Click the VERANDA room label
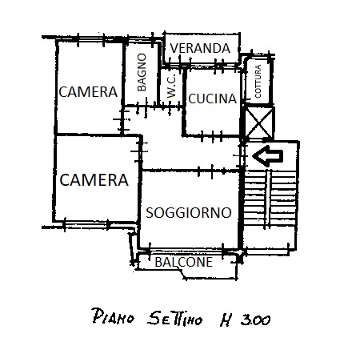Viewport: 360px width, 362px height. point(200,48)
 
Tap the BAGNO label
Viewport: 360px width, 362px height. point(142,72)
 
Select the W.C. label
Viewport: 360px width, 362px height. point(171,86)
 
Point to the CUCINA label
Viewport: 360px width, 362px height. point(213,99)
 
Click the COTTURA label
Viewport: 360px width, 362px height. point(258,82)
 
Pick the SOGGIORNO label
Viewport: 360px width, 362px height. point(189,213)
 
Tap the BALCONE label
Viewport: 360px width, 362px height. point(184,262)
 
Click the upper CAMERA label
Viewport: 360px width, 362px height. point(88,92)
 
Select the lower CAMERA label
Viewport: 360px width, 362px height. point(94,179)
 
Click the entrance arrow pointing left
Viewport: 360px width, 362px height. point(267,156)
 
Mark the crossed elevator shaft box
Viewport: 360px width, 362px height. point(259,123)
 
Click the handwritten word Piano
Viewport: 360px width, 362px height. point(113,316)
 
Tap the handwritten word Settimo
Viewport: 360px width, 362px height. point(175,318)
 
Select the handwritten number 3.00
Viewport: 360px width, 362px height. point(255,320)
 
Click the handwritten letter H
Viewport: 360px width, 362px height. point(226,320)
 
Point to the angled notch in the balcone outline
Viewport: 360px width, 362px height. point(182,273)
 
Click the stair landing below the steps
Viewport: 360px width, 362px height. point(270,238)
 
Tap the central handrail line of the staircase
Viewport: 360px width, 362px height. point(267,199)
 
